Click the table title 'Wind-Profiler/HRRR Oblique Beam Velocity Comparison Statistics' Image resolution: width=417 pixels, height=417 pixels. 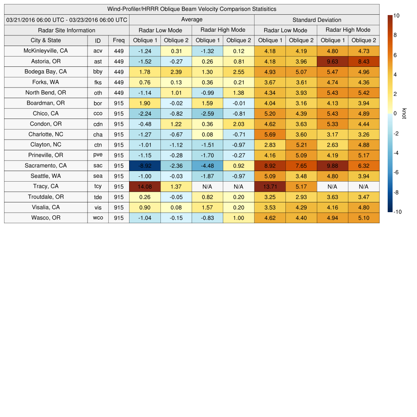pyautogui.click(x=192, y=9)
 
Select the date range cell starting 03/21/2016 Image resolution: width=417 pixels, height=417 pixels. pyautogui.click(x=67, y=20)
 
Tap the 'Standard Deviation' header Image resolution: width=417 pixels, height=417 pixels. pyautogui.click(x=317, y=20)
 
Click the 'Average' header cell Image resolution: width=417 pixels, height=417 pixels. pyautogui.click(x=192, y=20)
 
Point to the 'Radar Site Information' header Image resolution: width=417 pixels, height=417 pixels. pyautogui.click(x=67, y=30)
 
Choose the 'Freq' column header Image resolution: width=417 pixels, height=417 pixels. pyautogui.click(x=119, y=40)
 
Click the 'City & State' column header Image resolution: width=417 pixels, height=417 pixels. pyautogui.click(x=46, y=40)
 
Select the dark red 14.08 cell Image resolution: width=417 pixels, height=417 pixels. pyautogui.click(x=145, y=187)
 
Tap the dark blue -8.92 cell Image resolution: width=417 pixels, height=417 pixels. pyautogui.click(x=145, y=166)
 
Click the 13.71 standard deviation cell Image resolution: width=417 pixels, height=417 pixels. pyautogui.click(x=270, y=187)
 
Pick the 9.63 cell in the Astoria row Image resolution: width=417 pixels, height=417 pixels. pyautogui.click(x=333, y=61)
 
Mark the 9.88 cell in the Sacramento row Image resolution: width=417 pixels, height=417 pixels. pyautogui.click(x=333, y=166)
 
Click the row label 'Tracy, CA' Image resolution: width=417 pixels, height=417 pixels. pyautogui.click(x=46, y=187)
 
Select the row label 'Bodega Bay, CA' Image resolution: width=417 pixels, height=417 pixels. pyautogui.click(x=46, y=72)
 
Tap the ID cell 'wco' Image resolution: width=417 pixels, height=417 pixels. pyautogui.click(x=98, y=218)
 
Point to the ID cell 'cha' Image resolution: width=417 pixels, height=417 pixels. pyautogui.click(x=98, y=134)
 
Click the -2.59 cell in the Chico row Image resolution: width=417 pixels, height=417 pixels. pyautogui.click(x=208, y=114)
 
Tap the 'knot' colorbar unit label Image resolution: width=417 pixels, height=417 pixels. pyautogui.click(x=404, y=114)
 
